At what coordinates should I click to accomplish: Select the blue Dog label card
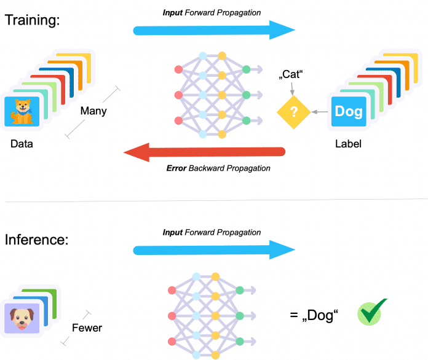click(348, 112)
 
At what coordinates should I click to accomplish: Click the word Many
click(93, 111)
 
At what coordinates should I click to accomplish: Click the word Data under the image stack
click(22, 146)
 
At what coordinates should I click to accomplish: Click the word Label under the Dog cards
click(348, 146)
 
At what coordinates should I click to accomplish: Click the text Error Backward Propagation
click(219, 168)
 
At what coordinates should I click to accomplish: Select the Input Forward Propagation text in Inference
click(212, 233)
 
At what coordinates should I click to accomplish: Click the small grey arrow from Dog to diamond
click(319, 112)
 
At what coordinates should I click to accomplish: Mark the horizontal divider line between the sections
click(214, 200)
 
